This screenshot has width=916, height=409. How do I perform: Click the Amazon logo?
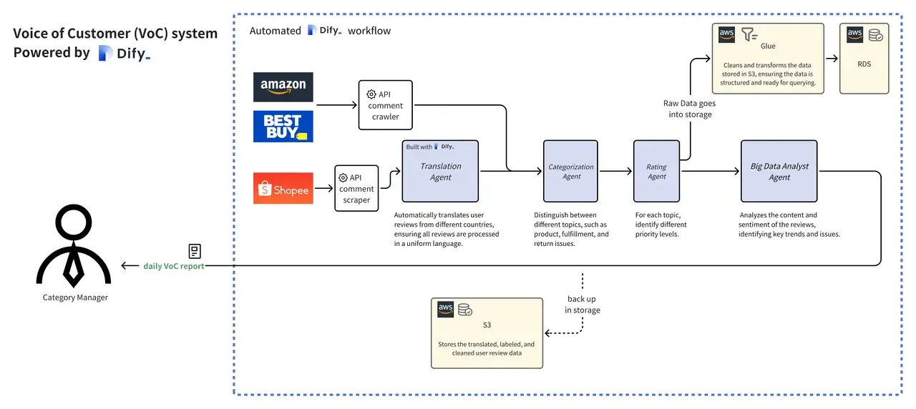click(283, 87)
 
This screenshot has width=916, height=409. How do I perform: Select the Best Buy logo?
click(283, 127)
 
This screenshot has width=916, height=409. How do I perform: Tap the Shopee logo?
click(283, 188)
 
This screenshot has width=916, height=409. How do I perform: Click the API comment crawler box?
click(385, 105)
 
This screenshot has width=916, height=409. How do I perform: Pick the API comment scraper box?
click(356, 188)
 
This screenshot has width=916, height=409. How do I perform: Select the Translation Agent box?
click(440, 171)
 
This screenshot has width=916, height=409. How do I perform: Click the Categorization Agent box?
click(570, 171)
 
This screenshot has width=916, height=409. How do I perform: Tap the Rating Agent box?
click(656, 171)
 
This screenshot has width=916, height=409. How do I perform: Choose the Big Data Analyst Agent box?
click(779, 171)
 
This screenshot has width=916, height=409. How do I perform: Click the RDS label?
click(864, 64)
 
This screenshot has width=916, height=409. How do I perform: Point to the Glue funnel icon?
click(749, 34)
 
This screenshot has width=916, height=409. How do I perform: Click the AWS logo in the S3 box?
click(445, 310)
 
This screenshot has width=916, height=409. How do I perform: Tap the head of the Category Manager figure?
click(74, 222)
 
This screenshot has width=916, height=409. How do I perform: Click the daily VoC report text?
click(173, 266)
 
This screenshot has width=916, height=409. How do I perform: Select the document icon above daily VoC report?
click(195, 251)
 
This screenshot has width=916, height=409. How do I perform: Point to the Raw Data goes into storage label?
click(690, 109)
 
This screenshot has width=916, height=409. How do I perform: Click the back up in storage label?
click(583, 305)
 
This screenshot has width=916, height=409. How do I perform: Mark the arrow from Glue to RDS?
click(832, 59)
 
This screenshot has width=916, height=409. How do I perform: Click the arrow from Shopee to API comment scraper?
click(324, 188)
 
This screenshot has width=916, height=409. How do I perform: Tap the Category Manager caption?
click(75, 297)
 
